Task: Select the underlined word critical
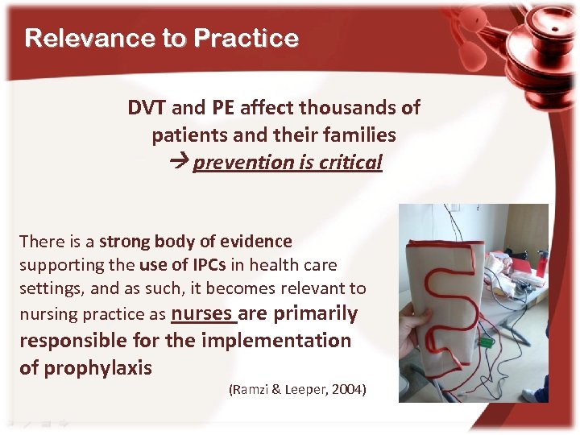pyautogui.click(x=350, y=162)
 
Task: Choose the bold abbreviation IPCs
pyautogui.click(x=204, y=264)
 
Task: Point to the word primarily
pyautogui.click(x=317, y=313)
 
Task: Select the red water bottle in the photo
pyautogui.click(x=541, y=263)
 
